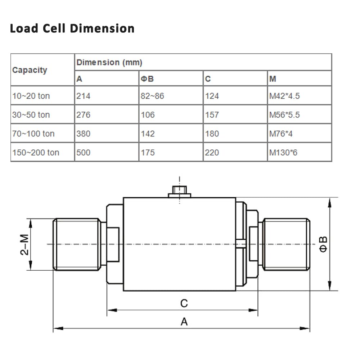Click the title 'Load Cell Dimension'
click(72, 28)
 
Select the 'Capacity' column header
click(30, 70)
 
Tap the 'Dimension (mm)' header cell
click(109, 63)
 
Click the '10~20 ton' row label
click(31, 96)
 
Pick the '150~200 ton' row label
click(36, 153)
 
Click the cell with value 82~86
click(152, 96)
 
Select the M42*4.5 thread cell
click(284, 96)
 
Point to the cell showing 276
click(83, 115)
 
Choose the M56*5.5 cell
click(284, 115)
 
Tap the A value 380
click(83, 134)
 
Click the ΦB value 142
click(148, 134)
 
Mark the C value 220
click(212, 153)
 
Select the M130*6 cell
click(283, 153)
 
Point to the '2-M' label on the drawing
click(24, 244)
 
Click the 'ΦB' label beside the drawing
click(324, 244)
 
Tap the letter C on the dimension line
click(184, 303)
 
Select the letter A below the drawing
click(184, 321)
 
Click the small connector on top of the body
click(179, 191)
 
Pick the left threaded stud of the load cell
click(76, 244)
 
